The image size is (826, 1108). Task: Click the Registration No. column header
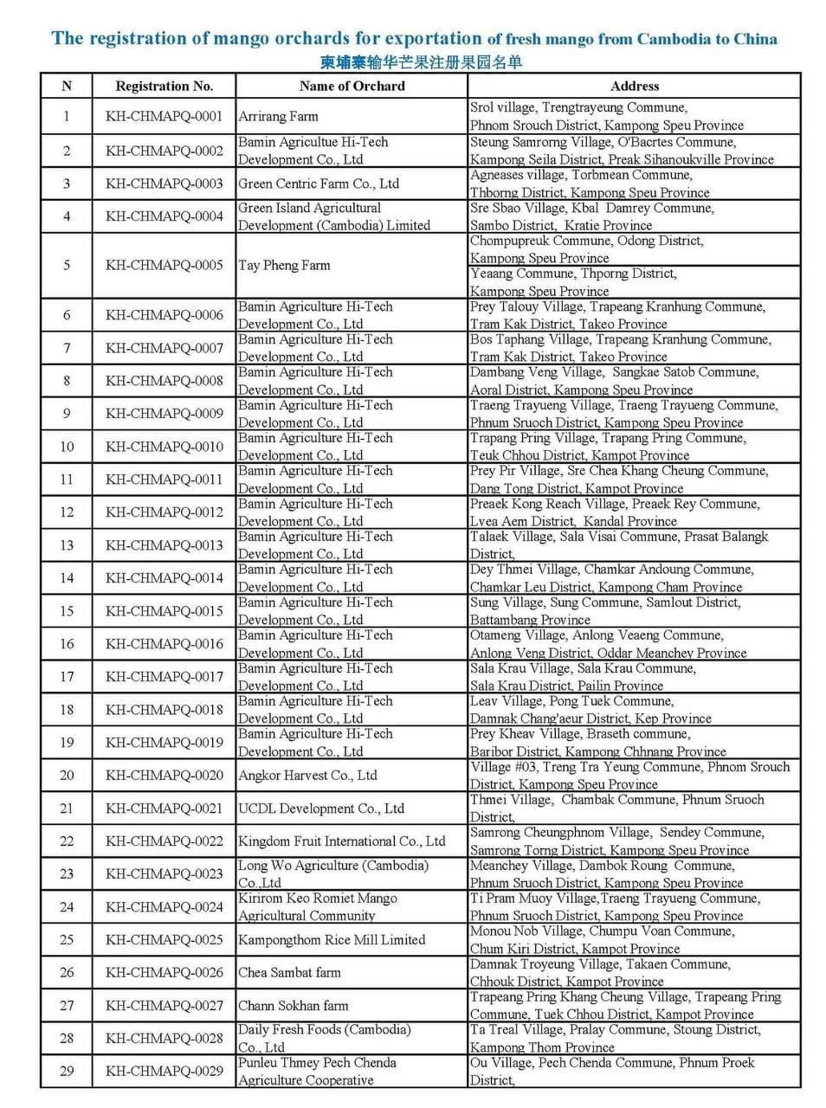tap(164, 86)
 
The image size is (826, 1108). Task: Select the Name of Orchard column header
tap(352, 86)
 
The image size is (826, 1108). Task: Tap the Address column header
tap(634, 86)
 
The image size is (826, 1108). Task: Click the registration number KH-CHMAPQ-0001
tap(164, 116)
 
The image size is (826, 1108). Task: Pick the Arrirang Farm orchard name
tap(278, 116)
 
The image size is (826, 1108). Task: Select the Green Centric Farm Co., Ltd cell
tap(319, 184)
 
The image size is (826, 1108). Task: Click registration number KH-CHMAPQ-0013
tap(164, 545)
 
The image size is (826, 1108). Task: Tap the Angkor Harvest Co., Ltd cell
tap(307, 776)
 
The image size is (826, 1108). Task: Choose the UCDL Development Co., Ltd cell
tap(321, 808)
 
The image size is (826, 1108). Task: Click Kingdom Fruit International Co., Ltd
tap(342, 841)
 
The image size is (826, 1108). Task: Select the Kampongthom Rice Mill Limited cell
tap(332, 940)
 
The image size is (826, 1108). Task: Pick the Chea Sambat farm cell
tap(289, 973)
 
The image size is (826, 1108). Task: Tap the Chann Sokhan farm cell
tap(293, 1006)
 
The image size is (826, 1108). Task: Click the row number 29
tap(67, 1072)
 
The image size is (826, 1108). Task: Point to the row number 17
tap(67, 677)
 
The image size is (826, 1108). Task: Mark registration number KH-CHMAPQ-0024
tap(164, 907)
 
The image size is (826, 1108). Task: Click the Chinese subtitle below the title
tap(422, 61)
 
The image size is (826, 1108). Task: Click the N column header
tap(67, 86)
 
